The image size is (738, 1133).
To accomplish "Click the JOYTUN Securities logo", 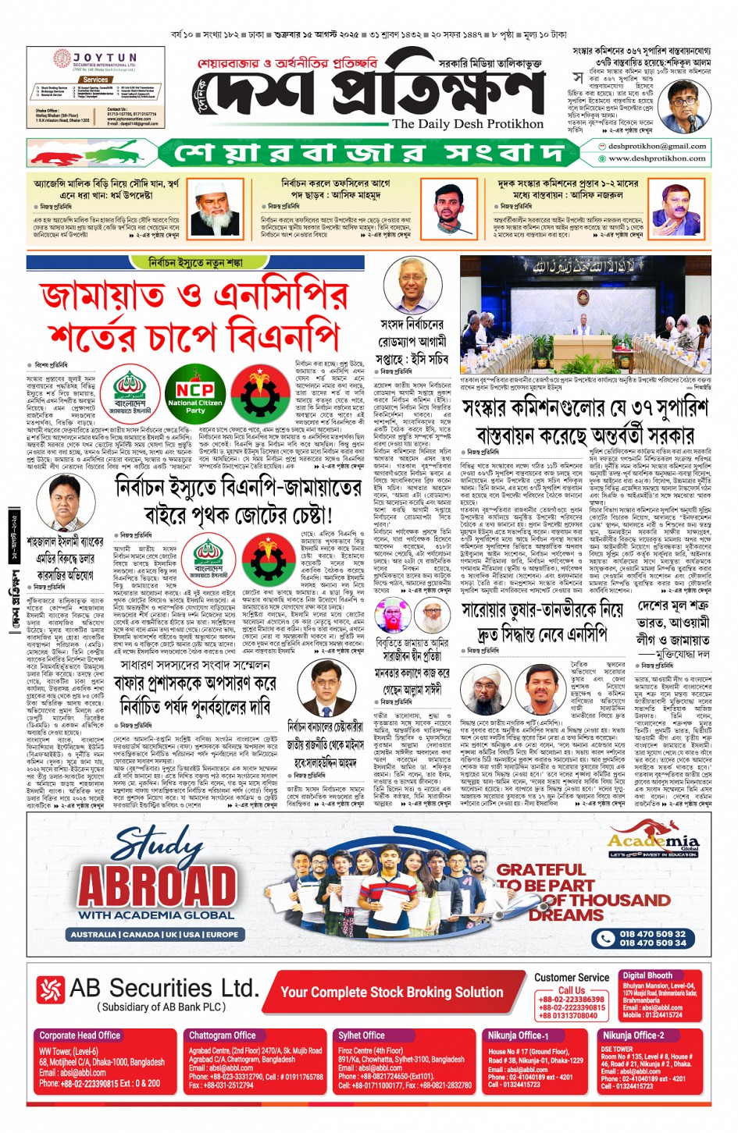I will tap(94, 59).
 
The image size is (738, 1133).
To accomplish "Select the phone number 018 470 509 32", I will tap(653, 933).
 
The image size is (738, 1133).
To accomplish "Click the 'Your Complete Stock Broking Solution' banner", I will tap(391, 992).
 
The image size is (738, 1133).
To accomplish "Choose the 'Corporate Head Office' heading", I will tap(80, 1035).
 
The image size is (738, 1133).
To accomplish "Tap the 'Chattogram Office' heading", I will tap(222, 1035).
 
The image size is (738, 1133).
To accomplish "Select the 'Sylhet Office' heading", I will tap(361, 1035).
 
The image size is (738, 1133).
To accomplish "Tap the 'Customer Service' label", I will tap(572, 977).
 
